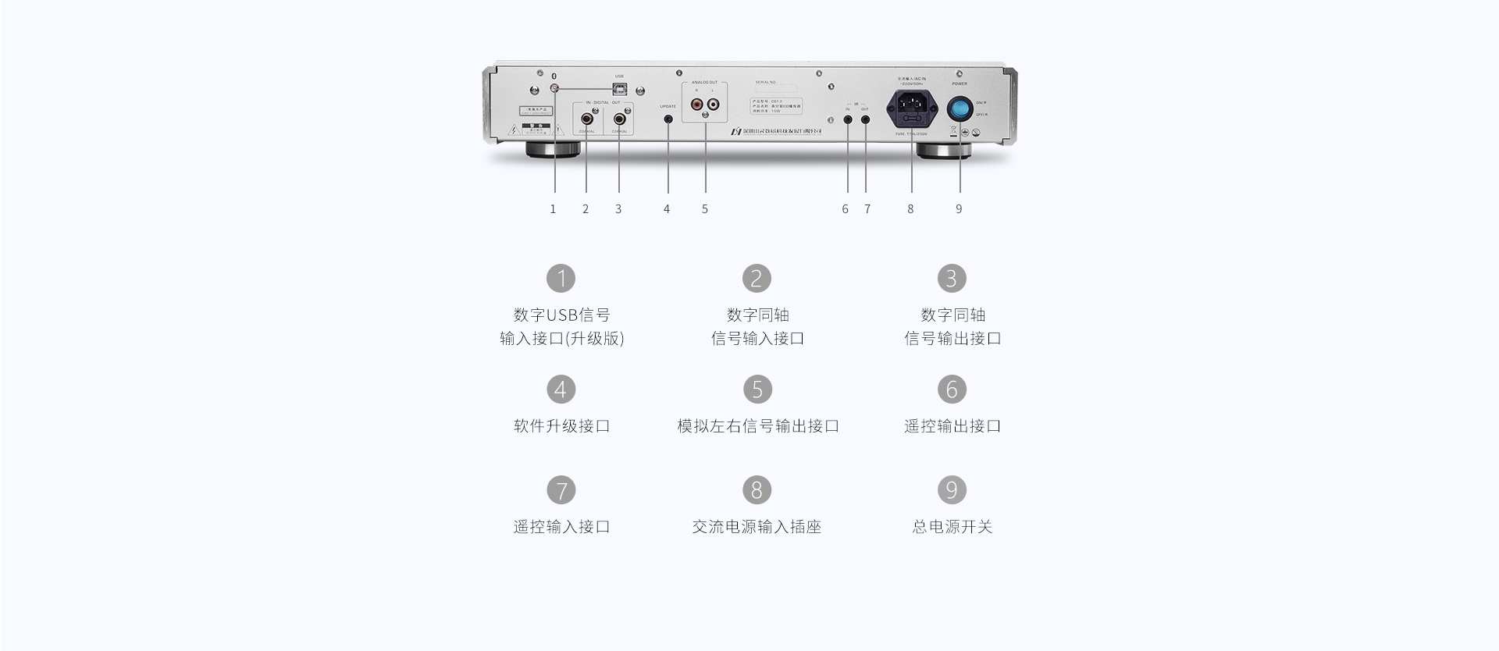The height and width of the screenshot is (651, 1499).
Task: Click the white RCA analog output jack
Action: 713,102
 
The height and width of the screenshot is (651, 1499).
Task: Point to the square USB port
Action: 619,90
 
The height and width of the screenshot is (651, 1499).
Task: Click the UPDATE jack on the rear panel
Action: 668,119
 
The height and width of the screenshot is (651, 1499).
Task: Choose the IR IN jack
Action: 848,119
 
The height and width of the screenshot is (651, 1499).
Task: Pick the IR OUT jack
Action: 866,119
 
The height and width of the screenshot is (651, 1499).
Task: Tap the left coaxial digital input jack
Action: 586,119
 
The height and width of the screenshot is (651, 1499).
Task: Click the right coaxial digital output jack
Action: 619,119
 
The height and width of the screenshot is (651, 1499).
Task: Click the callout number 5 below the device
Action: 704,209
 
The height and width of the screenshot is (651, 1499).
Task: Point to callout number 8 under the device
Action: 910,209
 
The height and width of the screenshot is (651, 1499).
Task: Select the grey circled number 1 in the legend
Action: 561,279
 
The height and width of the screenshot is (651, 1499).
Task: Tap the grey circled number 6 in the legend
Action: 952,390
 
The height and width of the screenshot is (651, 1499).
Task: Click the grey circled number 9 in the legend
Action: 952,490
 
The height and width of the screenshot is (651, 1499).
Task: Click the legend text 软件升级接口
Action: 561,426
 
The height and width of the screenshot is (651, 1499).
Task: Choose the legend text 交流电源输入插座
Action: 757,527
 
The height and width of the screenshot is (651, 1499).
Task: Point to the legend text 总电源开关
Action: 952,527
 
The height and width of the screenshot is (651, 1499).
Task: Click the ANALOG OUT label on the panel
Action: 704,83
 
